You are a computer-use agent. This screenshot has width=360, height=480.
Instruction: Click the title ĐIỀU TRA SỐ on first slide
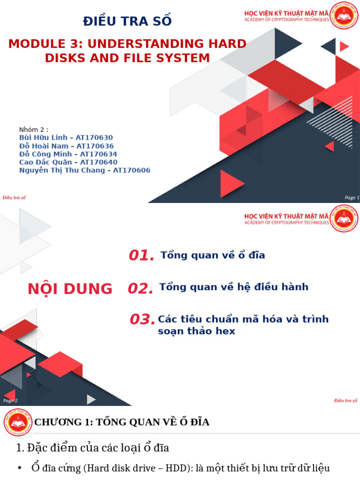point(127,21)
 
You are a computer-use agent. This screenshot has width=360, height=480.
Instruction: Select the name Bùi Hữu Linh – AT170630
point(66,137)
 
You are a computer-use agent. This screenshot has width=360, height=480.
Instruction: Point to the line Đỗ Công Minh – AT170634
point(68,154)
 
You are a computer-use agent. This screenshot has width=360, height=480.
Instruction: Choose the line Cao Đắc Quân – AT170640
point(68,162)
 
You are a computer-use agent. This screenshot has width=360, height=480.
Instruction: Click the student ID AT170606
point(132,170)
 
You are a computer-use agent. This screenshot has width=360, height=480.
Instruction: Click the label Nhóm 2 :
point(34,129)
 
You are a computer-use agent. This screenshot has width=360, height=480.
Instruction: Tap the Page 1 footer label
point(352,197)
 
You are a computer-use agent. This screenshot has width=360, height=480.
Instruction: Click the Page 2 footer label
point(10,400)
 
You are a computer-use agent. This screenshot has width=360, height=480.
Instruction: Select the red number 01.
point(142,255)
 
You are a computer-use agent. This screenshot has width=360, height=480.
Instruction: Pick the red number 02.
point(141,289)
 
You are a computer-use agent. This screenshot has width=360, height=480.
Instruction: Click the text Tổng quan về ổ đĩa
point(213,255)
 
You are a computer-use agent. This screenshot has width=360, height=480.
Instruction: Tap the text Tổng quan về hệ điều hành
point(234,287)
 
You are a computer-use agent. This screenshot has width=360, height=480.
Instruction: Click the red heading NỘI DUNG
point(70,289)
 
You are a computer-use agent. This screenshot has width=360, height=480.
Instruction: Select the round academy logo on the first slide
point(344,16)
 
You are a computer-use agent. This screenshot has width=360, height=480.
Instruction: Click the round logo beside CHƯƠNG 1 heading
point(18,422)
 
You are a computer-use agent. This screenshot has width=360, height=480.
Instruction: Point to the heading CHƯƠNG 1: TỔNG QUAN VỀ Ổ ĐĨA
point(122,422)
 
